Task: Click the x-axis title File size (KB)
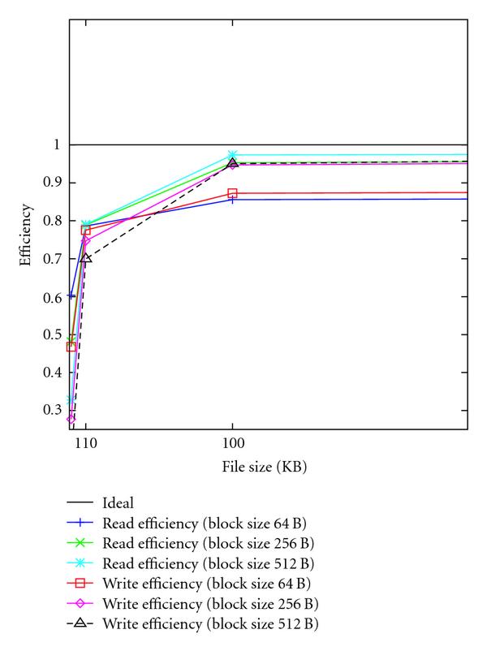pyautogui.click(x=269, y=468)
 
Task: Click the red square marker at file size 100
pyautogui.click(x=233, y=193)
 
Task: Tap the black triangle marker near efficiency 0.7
pyautogui.click(x=86, y=258)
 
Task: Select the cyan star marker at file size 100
pyautogui.click(x=233, y=154)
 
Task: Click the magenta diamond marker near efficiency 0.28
pyautogui.click(x=71, y=419)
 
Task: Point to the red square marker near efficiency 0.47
pyautogui.click(x=71, y=347)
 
